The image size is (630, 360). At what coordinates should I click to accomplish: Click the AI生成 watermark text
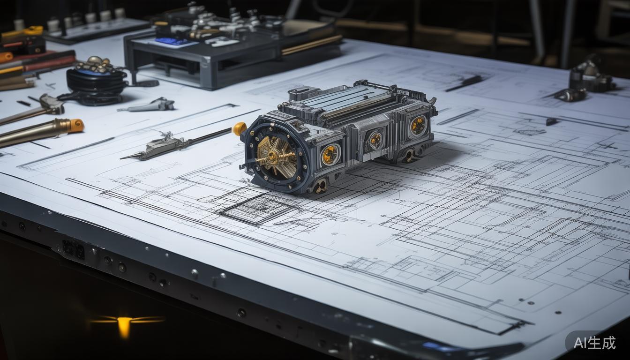[x=594, y=343]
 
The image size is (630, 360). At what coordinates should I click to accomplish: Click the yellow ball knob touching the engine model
[x=239, y=129]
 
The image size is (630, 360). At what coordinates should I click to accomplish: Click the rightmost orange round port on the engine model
[x=418, y=125]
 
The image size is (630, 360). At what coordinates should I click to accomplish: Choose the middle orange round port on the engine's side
[x=376, y=140]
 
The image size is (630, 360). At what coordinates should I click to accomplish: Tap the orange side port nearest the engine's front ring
[x=330, y=154]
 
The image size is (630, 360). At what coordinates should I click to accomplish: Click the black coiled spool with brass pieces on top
[x=96, y=82]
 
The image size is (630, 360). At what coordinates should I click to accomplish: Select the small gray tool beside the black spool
[x=149, y=105]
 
